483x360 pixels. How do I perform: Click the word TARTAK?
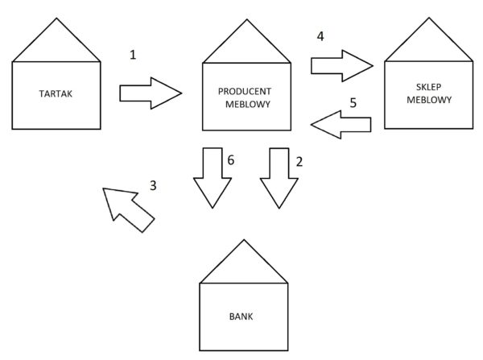coord(56,93)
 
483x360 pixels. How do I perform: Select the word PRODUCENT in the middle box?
coord(246,92)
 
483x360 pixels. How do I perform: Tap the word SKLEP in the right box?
coord(428,88)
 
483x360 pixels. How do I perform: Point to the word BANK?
coord(243,316)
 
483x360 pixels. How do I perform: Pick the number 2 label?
coord(299,161)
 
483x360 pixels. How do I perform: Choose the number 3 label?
coord(154,184)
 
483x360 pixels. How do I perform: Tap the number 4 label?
coord(320,37)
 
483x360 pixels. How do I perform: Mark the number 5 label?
coord(352,102)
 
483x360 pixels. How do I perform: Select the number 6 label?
coord(231,161)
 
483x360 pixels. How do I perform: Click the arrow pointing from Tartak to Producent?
coord(150,92)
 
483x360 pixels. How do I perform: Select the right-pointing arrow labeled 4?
coord(343,64)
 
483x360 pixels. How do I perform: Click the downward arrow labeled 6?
coord(212,177)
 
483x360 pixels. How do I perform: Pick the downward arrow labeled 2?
coord(279,177)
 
